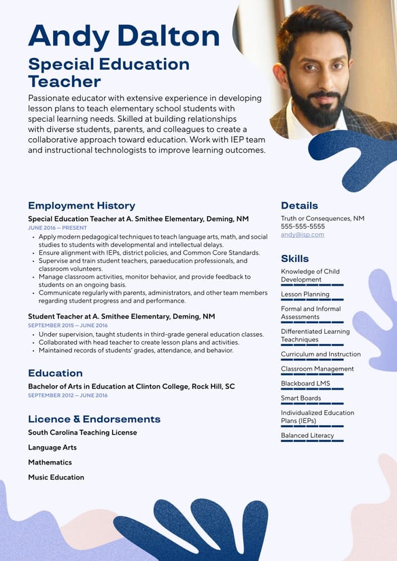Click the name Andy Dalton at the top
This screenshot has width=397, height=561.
pyautogui.click(x=124, y=35)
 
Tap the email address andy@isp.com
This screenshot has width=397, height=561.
pyautogui.click(x=303, y=235)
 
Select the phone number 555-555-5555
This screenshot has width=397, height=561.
pyautogui.click(x=303, y=226)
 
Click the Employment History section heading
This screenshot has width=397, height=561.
pyautogui.click(x=82, y=205)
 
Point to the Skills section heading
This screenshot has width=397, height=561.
pyautogui.click(x=295, y=258)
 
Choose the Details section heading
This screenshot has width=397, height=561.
pyautogui.click(x=299, y=205)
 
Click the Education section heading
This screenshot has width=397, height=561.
pyautogui.click(x=55, y=373)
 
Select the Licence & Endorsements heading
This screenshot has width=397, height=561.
pyautogui.click(x=94, y=419)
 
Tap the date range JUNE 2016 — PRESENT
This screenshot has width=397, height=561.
pyautogui.click(x=57, y=228)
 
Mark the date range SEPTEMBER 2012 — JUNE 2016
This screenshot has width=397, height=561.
pyautogui.click(x=67, y=395)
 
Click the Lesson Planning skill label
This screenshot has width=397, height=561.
pyautogui.click(x=305, y=294)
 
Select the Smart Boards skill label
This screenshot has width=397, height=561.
pyautogui.click(x=300, y=398)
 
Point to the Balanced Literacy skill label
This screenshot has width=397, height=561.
pyautogui.click(x=307, y=435)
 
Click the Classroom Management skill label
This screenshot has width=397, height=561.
pyautogui.click(x=317, y=369)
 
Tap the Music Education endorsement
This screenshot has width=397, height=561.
pyautogui.click(x=56, y=477)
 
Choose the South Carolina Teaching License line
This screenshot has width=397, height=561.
pyautogui.click(x=82, y=432)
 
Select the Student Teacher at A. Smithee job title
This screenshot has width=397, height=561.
pyautogui.click(x=121, y=316)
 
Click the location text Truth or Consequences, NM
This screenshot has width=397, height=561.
pyautogui.click(x=322, y=218)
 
